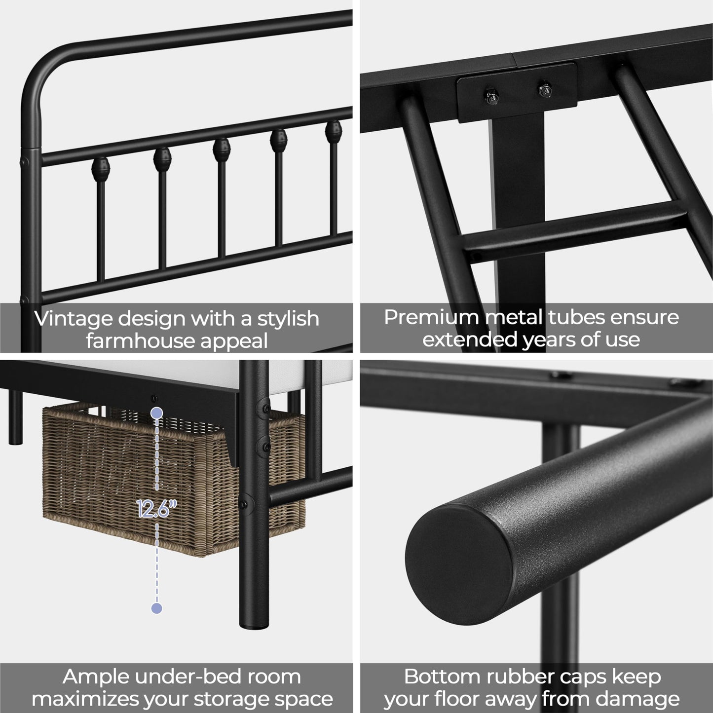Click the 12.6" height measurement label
click(157, 509)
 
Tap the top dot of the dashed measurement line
click(157, 413)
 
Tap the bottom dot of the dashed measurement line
click(157, 608)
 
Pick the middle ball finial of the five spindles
click(221, 148)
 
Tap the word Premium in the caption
click(430, 317)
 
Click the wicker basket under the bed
click(123, 484)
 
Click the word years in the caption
click(547, 339)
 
